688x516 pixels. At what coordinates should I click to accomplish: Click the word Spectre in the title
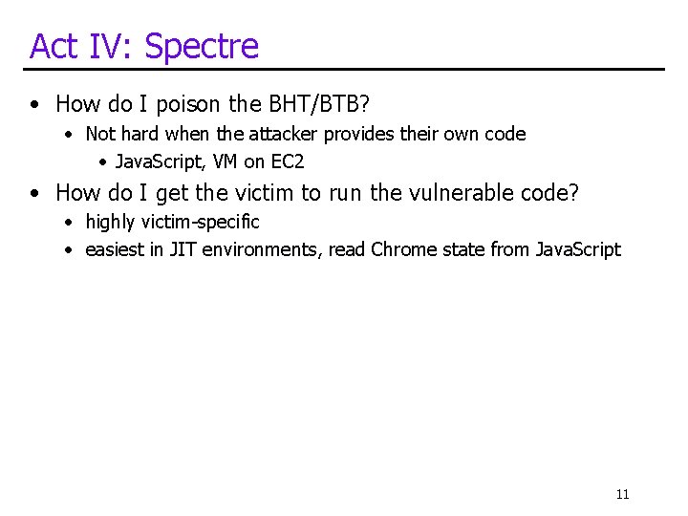coord(202,46)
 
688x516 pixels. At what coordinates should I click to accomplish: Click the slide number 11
coord(622,494)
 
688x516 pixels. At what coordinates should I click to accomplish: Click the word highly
coord(111,222)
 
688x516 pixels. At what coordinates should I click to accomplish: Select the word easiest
coord(116,250)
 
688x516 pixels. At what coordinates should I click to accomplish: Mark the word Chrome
coord(400,250)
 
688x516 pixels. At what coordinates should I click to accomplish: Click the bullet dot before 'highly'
coord(70,223)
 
